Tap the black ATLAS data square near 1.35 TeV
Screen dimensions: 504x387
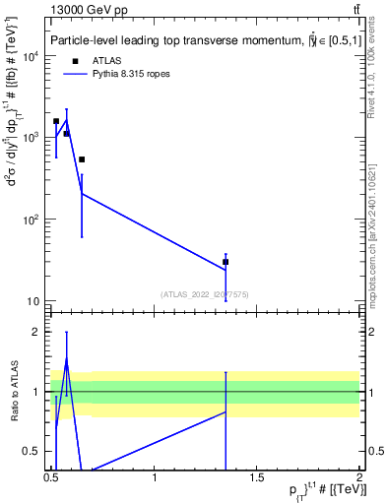click(x=226, y=262)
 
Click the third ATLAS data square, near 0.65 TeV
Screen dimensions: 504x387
click(x=82, y=159)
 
